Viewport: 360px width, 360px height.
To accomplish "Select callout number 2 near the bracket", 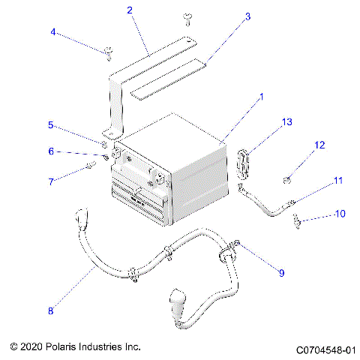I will [130, 10].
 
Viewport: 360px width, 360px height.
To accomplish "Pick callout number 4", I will [53, 31].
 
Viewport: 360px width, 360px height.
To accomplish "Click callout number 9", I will [282, 273].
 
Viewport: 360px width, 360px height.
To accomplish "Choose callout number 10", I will [340, 214].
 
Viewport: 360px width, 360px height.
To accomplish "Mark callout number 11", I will [338, 180].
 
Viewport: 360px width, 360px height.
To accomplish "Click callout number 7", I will [51, 181].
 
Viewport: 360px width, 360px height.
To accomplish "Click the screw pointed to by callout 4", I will [109, 51].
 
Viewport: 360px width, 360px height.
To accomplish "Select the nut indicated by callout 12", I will [287, 178].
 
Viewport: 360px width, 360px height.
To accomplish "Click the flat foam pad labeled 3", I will [168, 79].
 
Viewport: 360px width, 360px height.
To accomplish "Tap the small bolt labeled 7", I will [91, 165].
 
